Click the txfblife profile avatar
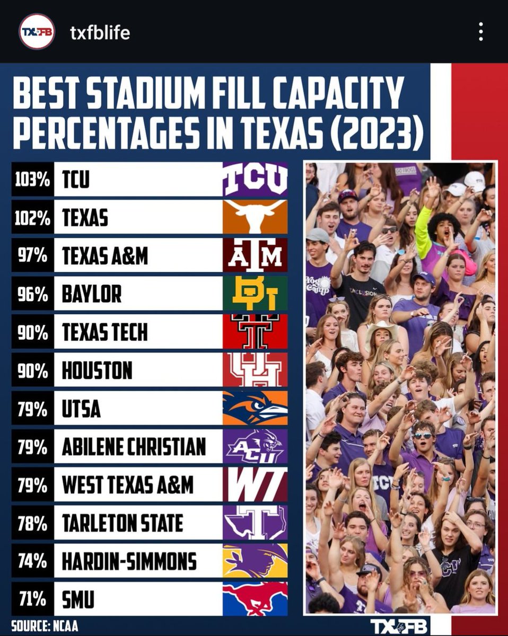[x=37, y=32]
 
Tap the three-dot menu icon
[x=480, y=32]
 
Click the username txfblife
[x=100, y=33]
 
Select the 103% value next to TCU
[x=32, y=179]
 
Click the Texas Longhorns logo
[x=255, y=217]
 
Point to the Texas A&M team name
[x=104, y=255]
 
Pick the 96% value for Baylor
[x=32, y=294]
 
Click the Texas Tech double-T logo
[x=255, y=331]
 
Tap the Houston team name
[x=97, y=370]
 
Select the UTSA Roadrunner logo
[x=255, y=408]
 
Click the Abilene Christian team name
[x=134, y=446]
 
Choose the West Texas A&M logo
[x=255, y=484]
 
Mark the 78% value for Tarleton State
[x=32, y=523]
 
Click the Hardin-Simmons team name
[x=129, y=561]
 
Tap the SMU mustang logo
[x=255, y=599]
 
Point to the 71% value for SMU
[x=32, y=599]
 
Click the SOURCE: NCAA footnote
[x=45, y=625]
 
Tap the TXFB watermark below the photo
[x=399, y=625]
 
